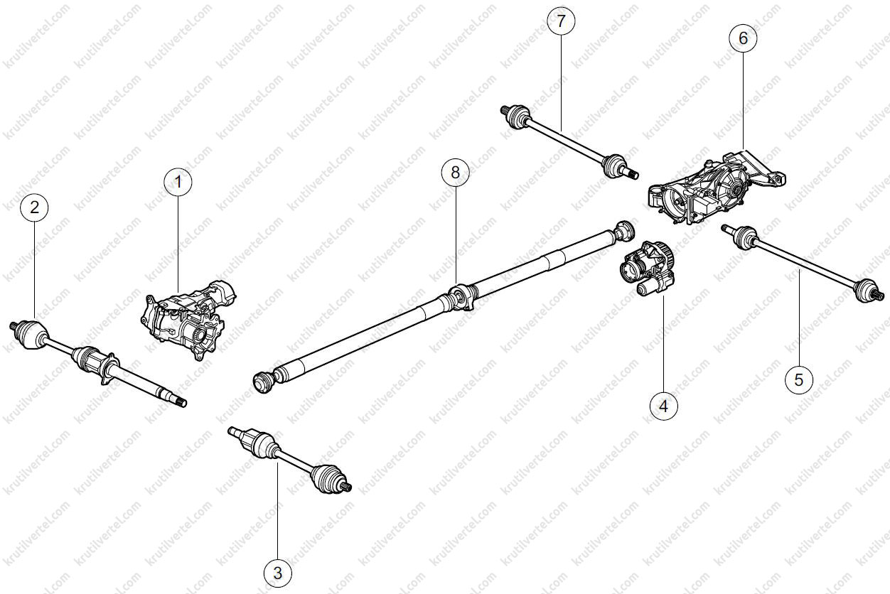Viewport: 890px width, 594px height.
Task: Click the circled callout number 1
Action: coord(178,182)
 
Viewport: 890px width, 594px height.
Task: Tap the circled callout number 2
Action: coord(35,207)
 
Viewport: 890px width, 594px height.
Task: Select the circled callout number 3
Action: coord(278,573)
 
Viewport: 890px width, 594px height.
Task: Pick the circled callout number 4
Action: coord(663,406)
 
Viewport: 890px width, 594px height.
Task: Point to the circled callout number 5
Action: coord(799,380)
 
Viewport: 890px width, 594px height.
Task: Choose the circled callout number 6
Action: coord(743,38)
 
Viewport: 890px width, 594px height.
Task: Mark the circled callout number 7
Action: coord(561,21)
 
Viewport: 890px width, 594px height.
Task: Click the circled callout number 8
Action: coord(456,173)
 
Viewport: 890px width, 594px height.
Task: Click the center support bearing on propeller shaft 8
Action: coord(461,298)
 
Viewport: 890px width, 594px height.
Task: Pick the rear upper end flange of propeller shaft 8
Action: coord(624,231)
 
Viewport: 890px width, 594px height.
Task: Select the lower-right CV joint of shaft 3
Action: coord(326,477)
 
